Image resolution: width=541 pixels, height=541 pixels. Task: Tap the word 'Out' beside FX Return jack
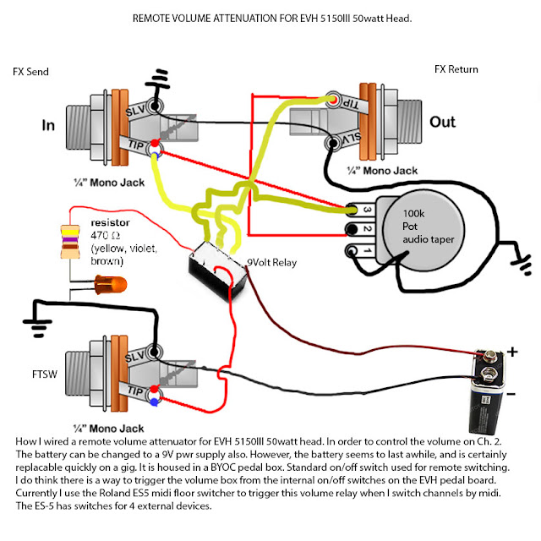coord(443,122)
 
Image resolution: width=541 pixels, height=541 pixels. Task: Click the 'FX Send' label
coord(30,72)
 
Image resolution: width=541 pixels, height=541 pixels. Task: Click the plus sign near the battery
coord(512,351)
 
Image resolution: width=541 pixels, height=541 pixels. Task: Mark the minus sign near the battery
coord(510,393)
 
